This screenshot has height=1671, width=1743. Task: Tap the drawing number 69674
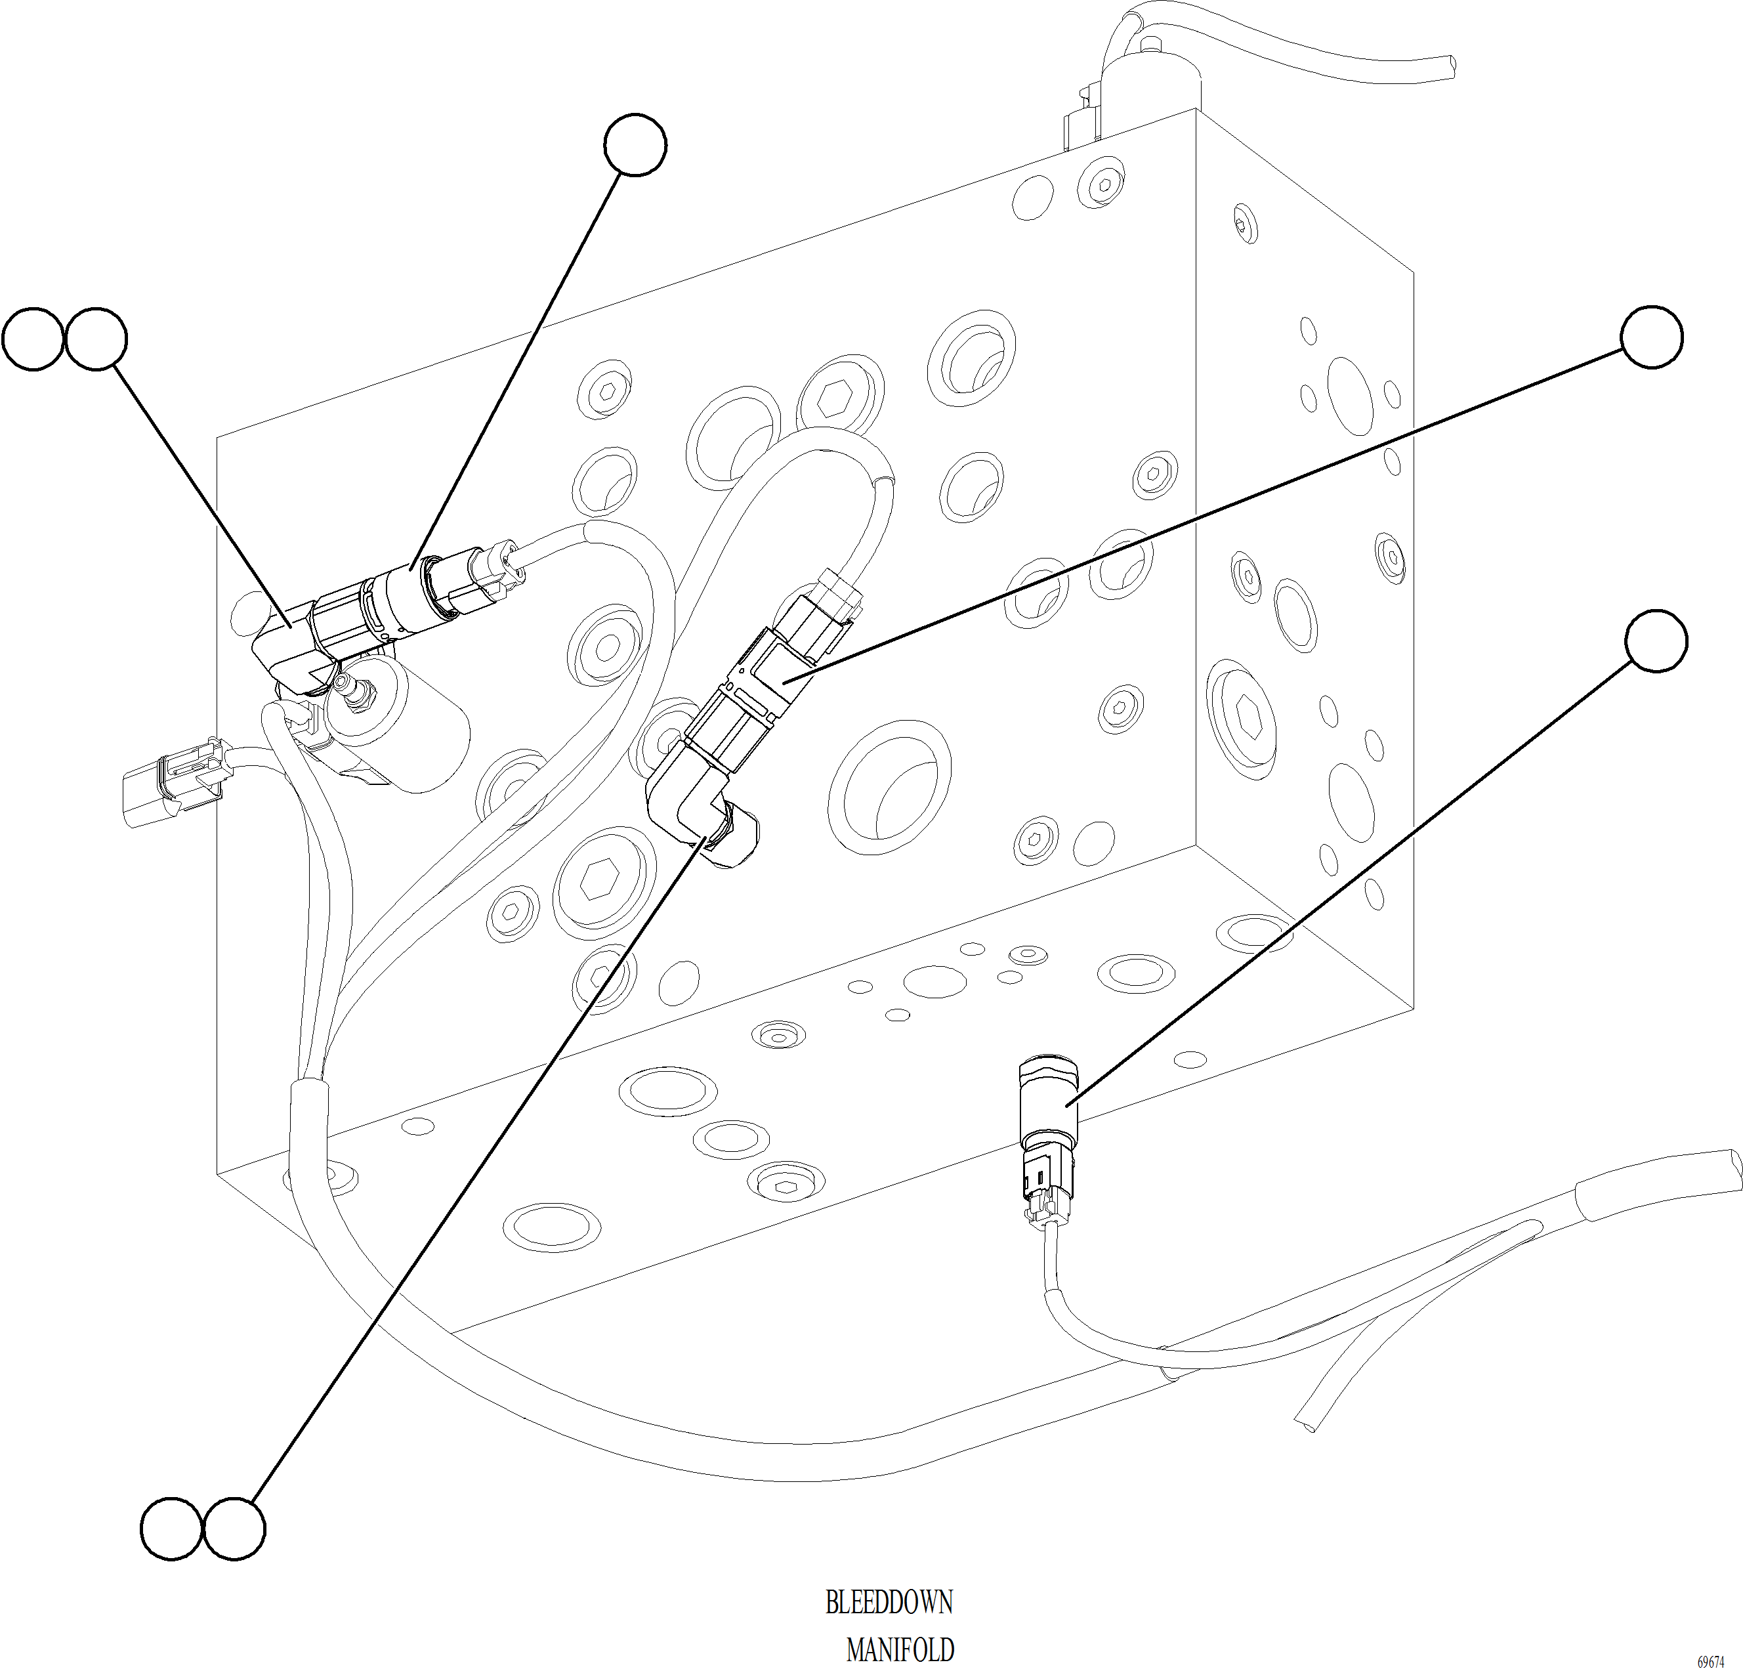point(1710,1638)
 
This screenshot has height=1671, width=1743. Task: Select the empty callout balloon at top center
point(635,145)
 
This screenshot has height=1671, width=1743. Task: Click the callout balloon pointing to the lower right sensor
point(1656,641)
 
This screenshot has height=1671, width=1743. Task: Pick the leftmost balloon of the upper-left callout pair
point(33,339)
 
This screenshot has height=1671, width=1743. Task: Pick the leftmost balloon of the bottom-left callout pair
point(172,1529)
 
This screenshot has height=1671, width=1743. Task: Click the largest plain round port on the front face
point(889,787)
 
